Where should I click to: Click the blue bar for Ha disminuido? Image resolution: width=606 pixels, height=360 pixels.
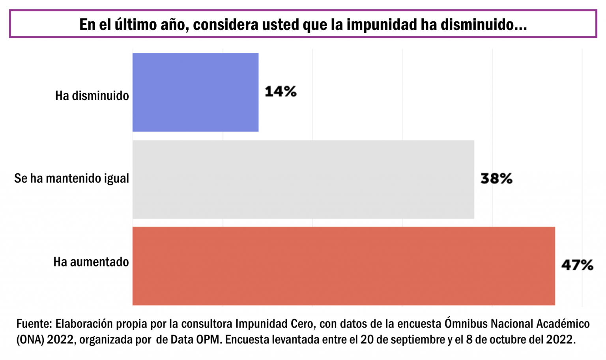[195, 92]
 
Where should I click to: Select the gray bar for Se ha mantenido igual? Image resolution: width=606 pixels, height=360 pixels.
[303, 179]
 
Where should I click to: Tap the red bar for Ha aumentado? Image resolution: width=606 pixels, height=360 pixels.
[343, 266]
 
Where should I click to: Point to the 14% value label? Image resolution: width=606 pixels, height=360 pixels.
[281, 92]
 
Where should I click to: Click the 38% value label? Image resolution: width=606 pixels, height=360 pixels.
[496, 179]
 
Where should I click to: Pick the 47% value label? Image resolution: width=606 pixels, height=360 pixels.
[577, 265]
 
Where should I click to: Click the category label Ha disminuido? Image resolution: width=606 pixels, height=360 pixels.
[92, 96]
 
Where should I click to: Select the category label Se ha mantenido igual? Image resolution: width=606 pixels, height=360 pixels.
[71, 178]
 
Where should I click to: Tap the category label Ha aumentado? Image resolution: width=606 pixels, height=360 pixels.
[91, 262]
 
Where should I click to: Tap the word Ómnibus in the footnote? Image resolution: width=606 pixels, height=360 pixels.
[466, 324]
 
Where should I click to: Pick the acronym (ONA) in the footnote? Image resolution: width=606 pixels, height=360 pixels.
[30, 339]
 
